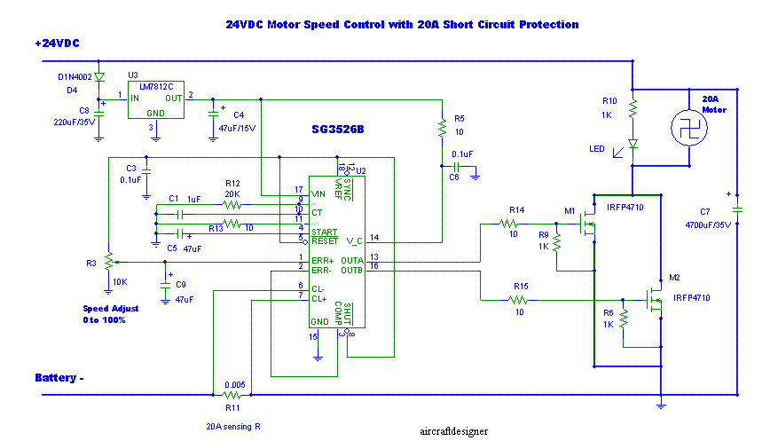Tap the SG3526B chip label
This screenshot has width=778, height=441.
(337, 130)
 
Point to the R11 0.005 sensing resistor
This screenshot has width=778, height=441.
(234, 395)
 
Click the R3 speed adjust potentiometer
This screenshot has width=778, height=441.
(108, 262)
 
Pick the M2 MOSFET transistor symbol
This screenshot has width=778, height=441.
(654, 300)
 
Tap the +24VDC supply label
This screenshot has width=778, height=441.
(57, 43)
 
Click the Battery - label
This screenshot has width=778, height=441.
(59, 378)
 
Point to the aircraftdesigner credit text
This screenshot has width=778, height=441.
(454, 431)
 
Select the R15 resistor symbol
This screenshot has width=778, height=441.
(520, 300)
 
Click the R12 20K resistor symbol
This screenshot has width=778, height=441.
(232, 203)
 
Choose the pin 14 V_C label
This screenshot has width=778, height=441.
(354, 239)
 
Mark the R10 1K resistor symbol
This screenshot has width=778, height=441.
(633, 108)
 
